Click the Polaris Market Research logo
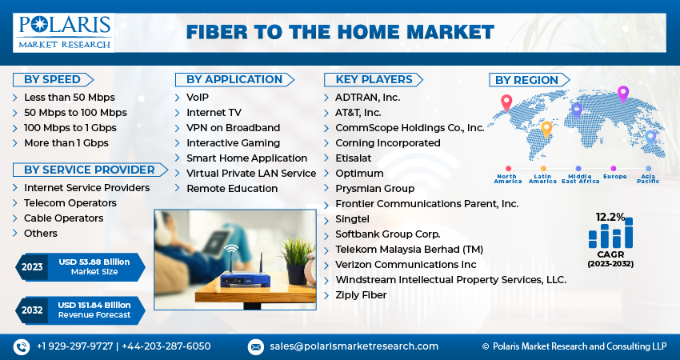point(64,32)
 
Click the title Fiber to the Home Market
point(340,33)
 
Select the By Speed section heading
point(52,79)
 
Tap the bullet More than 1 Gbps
point(66,143)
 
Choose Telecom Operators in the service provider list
point(70,203)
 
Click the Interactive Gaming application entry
point(233,143)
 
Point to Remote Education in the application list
point(232,189)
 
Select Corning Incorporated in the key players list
point(387,143)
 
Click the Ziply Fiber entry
point(360,295)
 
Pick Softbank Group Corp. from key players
point(387,234)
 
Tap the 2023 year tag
point(32,266)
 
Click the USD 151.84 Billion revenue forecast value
point(94,305)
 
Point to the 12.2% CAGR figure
point(610,217)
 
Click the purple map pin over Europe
point(623,93)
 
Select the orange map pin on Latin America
point(547,128)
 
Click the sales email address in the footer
point(353,346)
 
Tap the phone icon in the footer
point(22,346)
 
